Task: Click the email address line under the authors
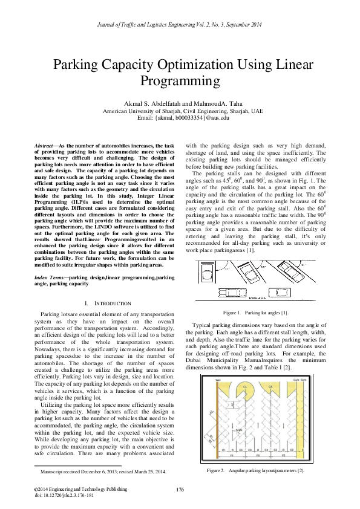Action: [x=180, y=118]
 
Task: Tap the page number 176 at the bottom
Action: [x=180, y=488]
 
